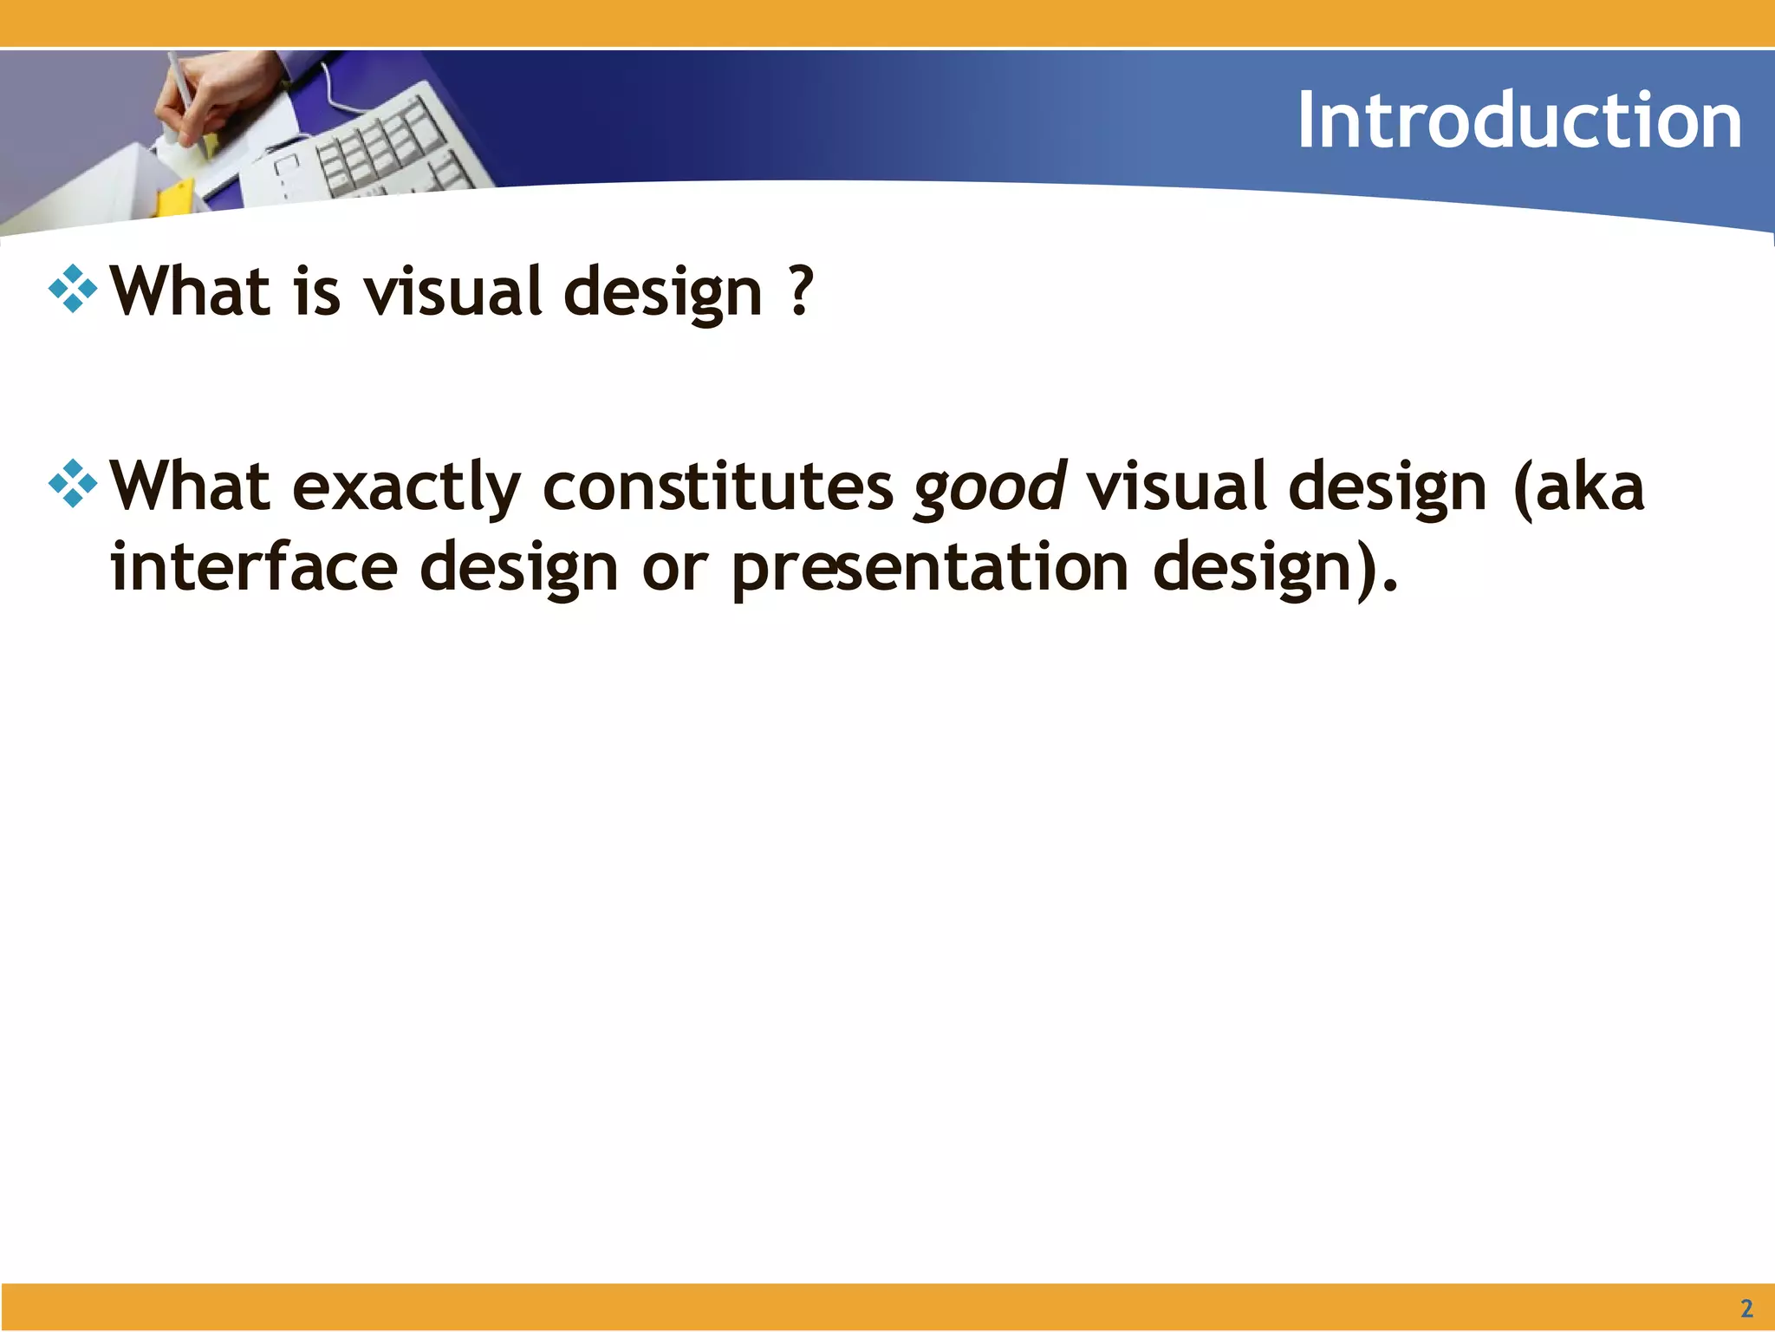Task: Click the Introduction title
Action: pyautogui.click(x=1518, y=121)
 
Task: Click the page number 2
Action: pyautogui.click(x=1746, y=1308)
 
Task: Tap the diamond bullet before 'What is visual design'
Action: pyautogui.click(x=73, y=289)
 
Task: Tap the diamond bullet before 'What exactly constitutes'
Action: pyautogui.click(x=73, y=484)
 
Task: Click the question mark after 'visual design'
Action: pyautogui.click(x=802, y=291)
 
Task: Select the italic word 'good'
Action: pyautogui.click(x=990, y=487)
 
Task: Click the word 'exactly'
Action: pyautogui.click(x=406, y=487)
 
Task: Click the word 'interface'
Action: pyautogui.click(x=254, y=566)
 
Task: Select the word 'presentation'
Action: pyautogui.click(x=929, y=568)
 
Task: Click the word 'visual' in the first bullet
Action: pyautogui.click(x=452, y=292)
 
